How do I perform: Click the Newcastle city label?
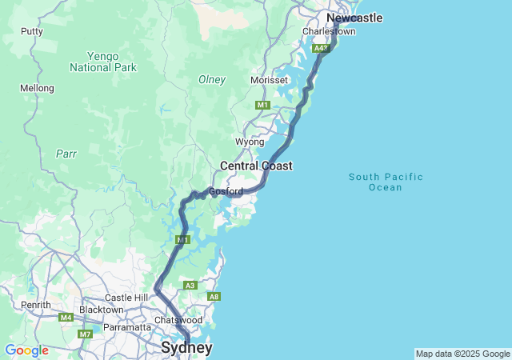coord(354,18)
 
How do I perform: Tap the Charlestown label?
coord(328,31)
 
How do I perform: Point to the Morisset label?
coord(268,81)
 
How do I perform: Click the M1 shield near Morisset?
coord(262,105)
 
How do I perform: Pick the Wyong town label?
coord(249,142)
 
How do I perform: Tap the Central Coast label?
coord(256,166)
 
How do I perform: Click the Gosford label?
coord(226,191)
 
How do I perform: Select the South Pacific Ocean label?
coord(386,182)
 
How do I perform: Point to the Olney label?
coord(212,80)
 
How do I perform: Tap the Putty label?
coord(32,32)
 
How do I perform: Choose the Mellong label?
coord(38,88)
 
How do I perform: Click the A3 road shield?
coord(190,285)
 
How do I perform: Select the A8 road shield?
coord(213,297)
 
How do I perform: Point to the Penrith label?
coord(36,305)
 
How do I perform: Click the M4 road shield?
coord(65,318)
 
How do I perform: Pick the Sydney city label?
coord(186,348)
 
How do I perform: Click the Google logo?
coord(26,350)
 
